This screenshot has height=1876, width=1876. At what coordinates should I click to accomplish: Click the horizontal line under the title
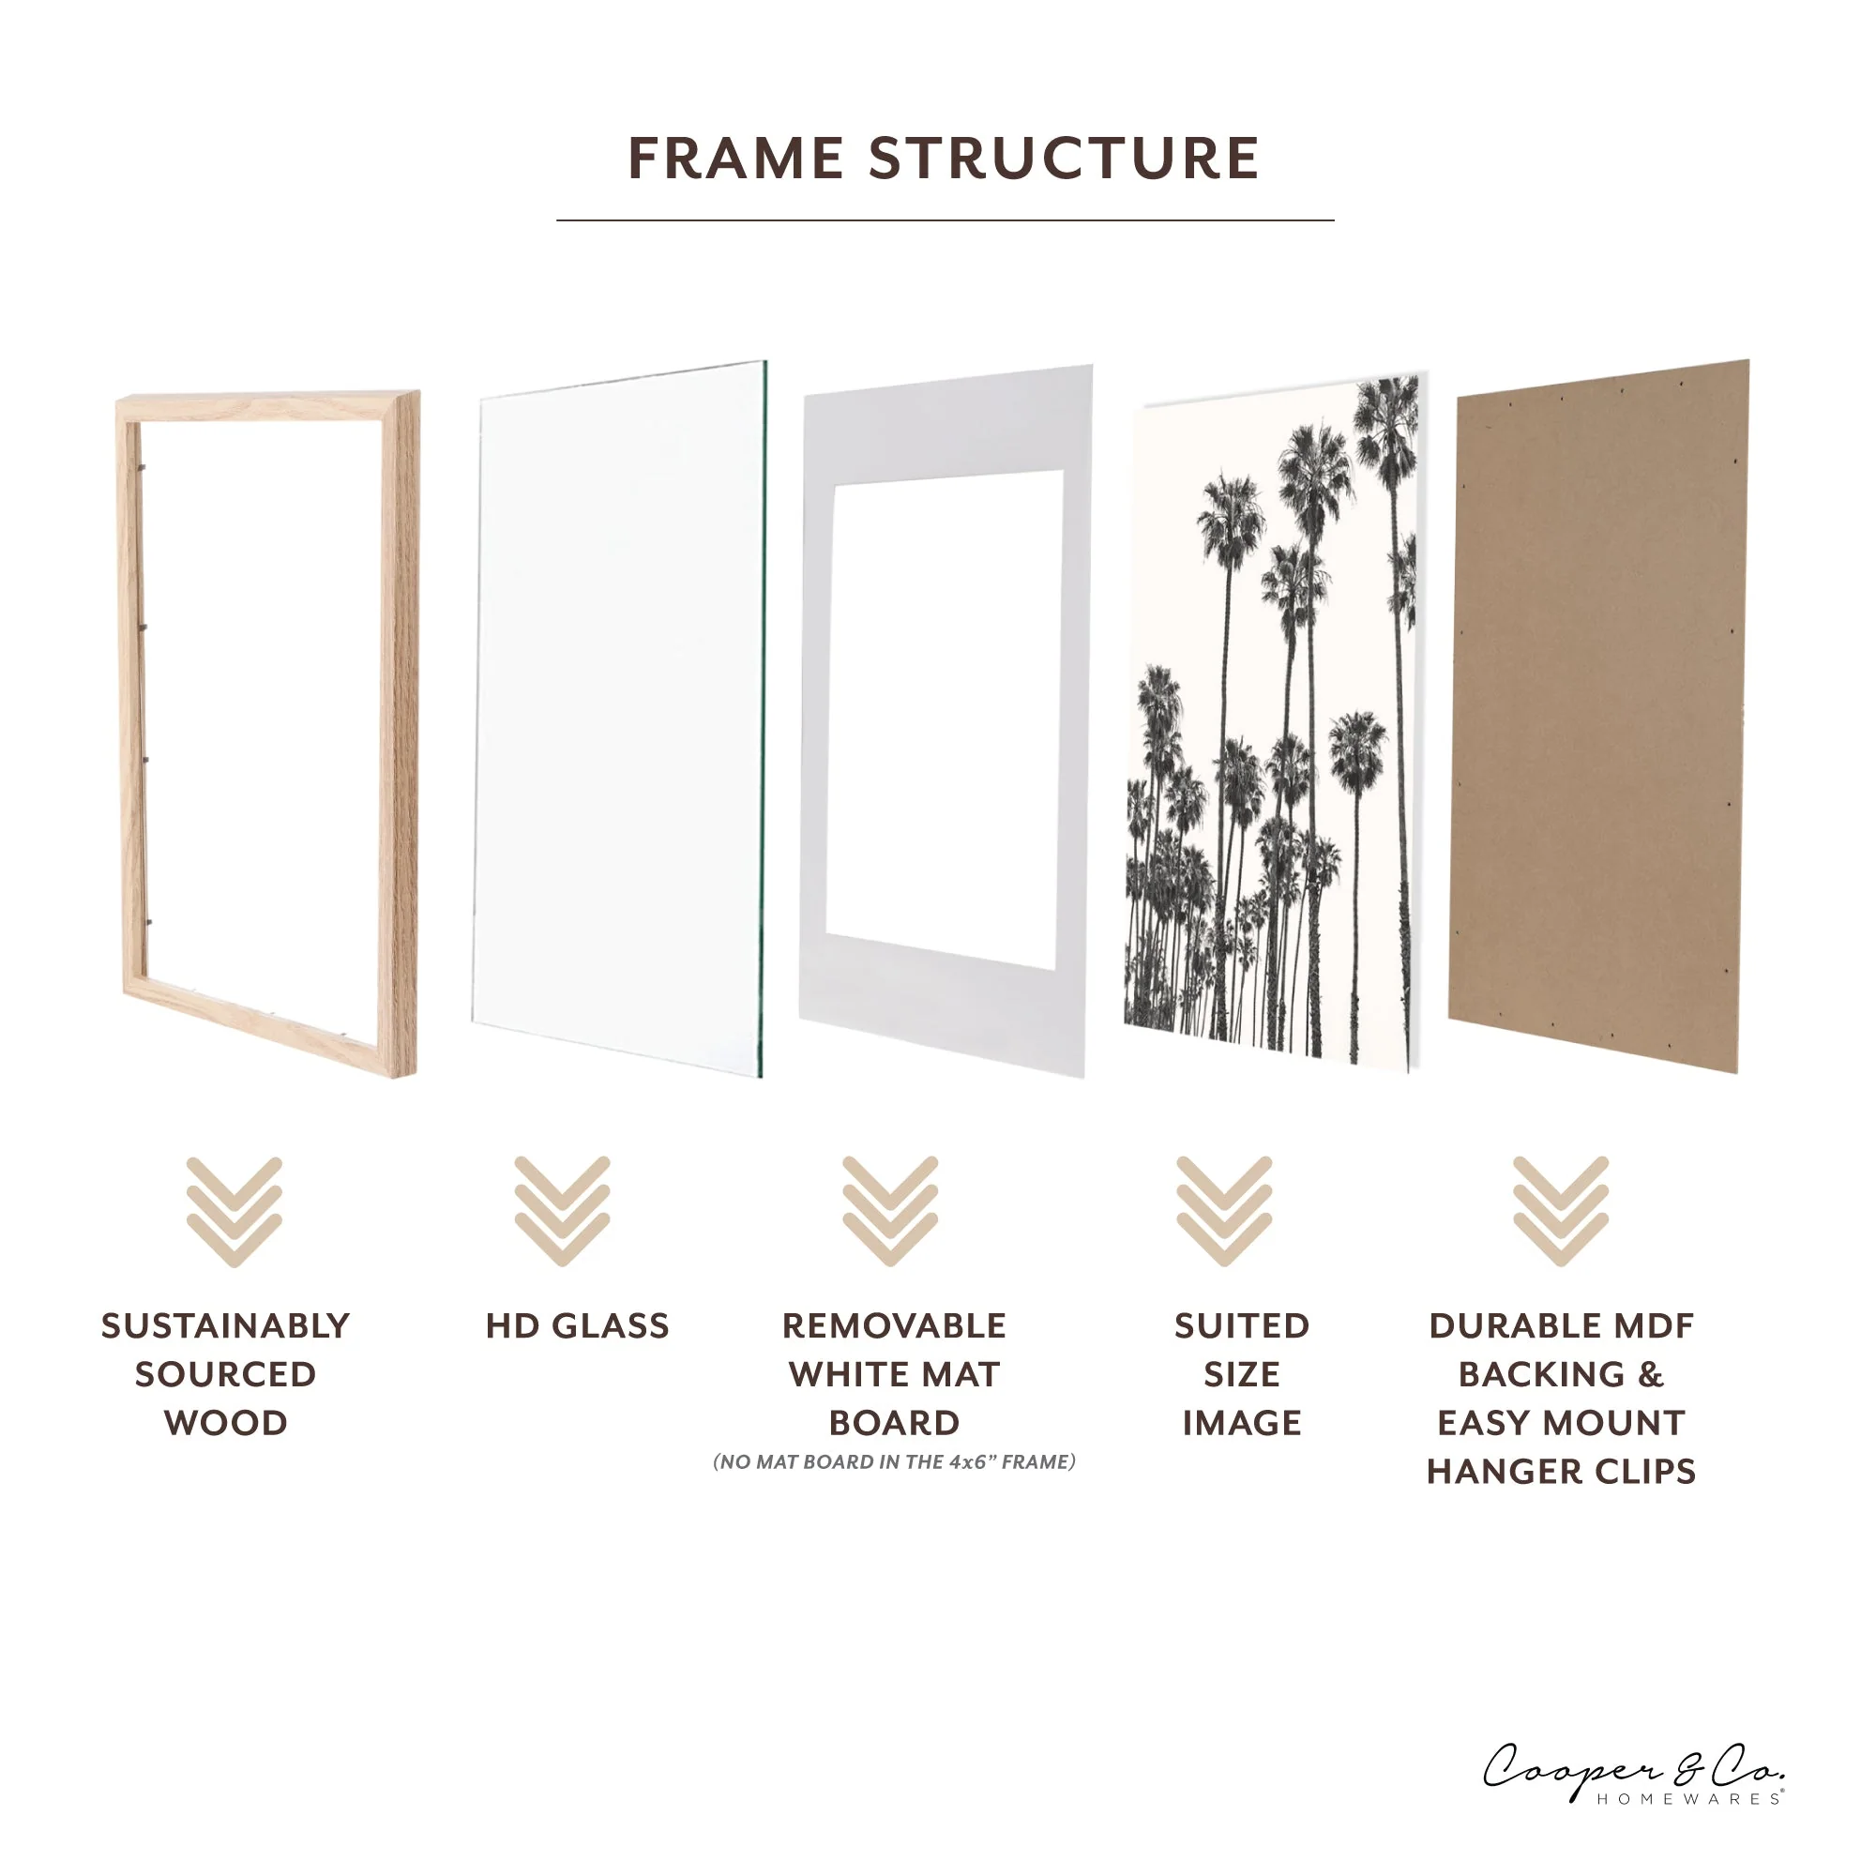pos(945,220)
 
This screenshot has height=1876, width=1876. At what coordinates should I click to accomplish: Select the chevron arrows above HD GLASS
pos(562,1211)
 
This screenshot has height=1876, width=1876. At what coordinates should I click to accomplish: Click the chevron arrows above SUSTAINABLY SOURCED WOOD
pos(234,1211)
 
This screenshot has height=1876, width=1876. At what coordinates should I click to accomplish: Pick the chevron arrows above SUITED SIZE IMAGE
pos(1223,1211)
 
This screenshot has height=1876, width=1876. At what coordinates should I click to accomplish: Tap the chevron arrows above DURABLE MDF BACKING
pos(1561,1211)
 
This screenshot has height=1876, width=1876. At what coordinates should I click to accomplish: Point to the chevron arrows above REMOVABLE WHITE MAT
pos(890,1211)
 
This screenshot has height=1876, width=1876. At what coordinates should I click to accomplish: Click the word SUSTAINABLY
pos(225,1326)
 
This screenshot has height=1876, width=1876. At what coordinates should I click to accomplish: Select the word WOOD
pos(225,1424)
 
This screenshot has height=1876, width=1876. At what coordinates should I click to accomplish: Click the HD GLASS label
pos(577,1326)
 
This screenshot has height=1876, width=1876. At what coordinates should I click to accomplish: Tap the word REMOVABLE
pos(894,1326)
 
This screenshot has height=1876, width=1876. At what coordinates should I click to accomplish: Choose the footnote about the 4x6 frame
pos(894,1462)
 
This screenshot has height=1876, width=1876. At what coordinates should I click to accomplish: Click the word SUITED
pos(1242,1326)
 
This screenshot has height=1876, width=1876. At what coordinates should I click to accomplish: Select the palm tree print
pos(1272,719)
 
